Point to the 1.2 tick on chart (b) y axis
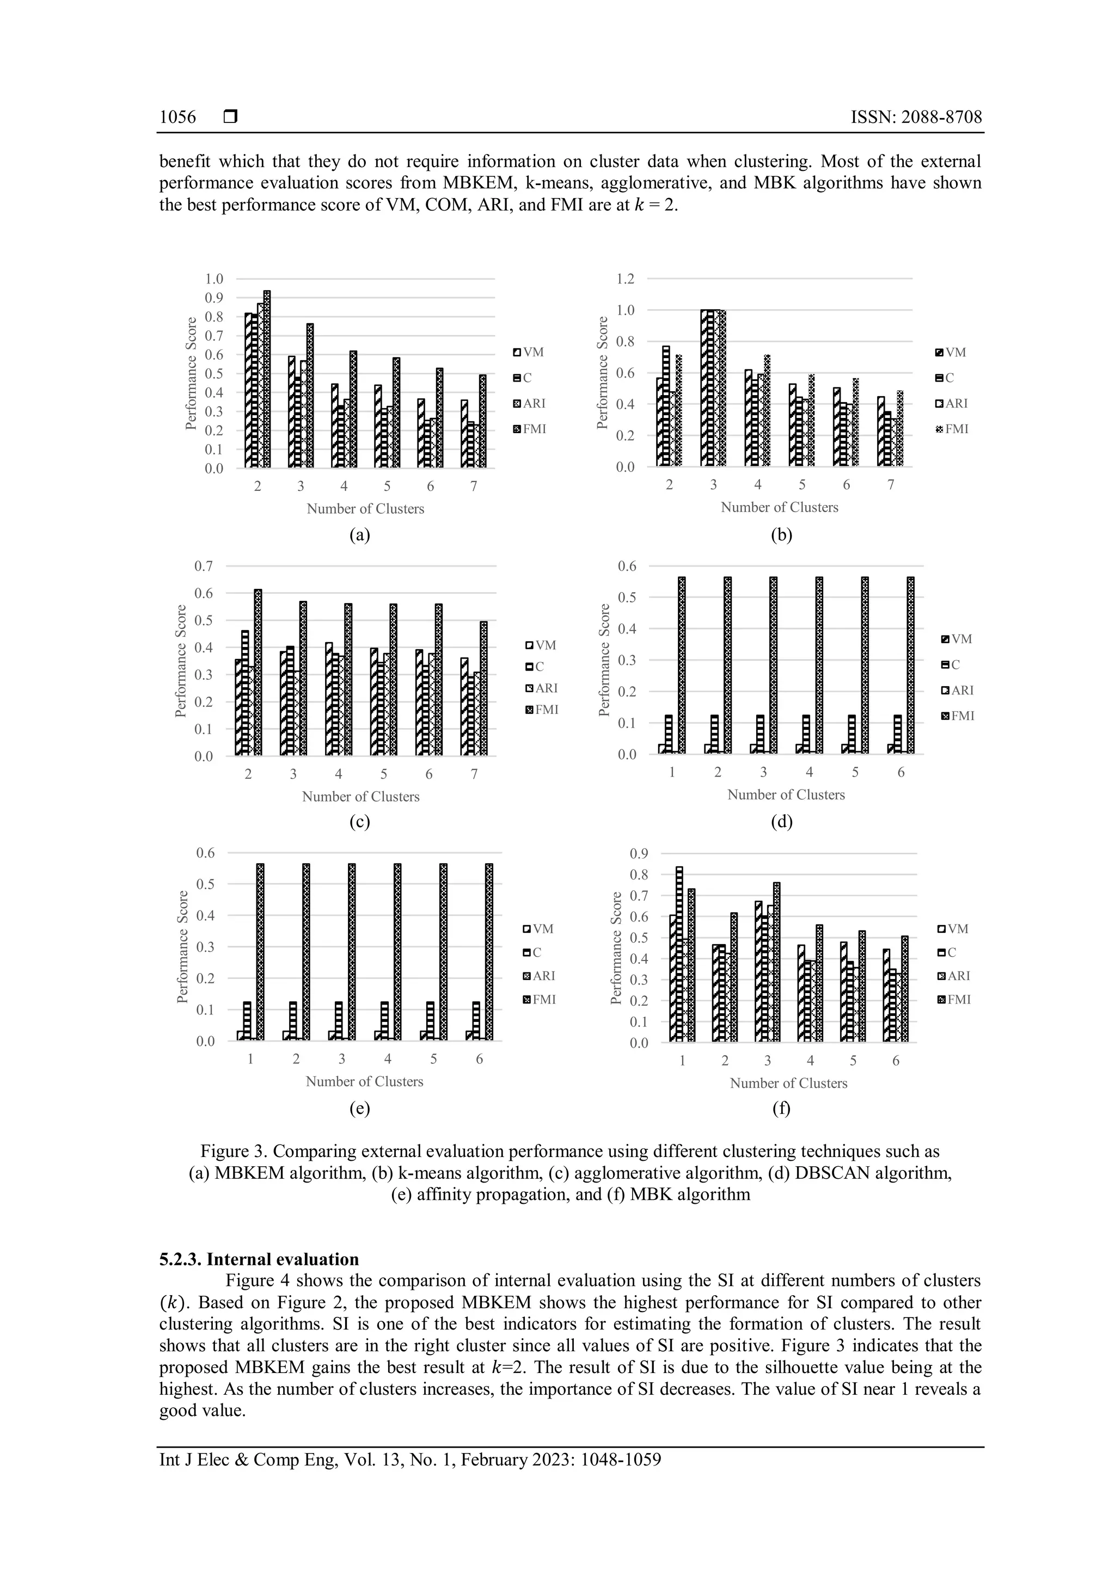pyautogui.click(x=625, y=279)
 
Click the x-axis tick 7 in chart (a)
pyautogui.click(x=474, y=486)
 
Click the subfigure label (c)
pyautogui.click(x=359, y=822)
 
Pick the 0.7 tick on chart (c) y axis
pyautogui.click(x=204, y=567)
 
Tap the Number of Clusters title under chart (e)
pyautogui.click(x=364, y=1081)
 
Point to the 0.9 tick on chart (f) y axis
pyautogui.click(x=639, y=854)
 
